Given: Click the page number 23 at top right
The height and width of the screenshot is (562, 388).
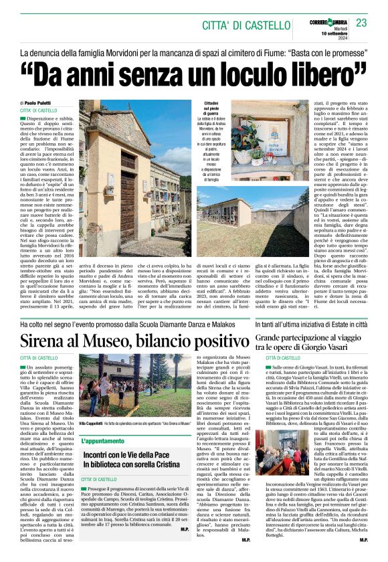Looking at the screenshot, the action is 361,23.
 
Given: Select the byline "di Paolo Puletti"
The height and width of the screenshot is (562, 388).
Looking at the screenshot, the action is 39,102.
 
